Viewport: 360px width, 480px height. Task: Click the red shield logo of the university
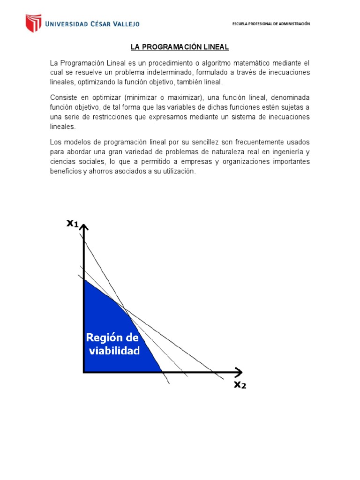tap(33, 23)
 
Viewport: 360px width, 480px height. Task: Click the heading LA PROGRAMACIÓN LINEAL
tap(180, 47)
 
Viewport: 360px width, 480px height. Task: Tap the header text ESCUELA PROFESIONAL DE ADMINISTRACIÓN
tap(271, 24)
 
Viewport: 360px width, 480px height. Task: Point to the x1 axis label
tap(73, 224)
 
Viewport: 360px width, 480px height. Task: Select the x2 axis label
tap(240, 385)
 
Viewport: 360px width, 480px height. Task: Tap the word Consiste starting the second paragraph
tap(64, 97)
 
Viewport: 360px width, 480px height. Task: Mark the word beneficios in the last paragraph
tap(65, 172)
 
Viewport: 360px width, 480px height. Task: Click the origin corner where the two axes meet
tap(84, 372)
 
